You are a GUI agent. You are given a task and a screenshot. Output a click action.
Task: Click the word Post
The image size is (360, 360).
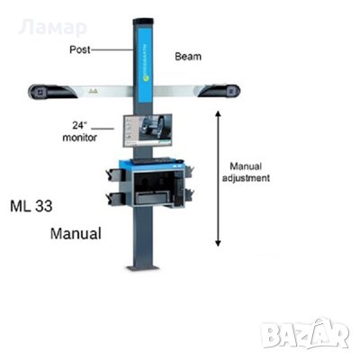tap(80, 49)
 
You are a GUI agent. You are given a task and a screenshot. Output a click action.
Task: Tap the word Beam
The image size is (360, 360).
tap(188, 57)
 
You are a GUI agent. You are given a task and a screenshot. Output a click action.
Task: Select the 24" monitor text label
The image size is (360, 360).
tap(79, 131)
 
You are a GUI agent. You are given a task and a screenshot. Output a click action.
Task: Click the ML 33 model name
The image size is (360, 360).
tap(31, 206)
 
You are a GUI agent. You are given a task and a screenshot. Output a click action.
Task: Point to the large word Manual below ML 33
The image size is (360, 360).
tap(76, 234)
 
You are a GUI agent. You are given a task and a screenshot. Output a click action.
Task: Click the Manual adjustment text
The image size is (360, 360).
tap(246, 172)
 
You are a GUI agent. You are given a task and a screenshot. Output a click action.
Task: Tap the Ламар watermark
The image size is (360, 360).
tap(52, 28)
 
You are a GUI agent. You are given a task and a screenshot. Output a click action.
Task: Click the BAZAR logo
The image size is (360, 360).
tap(304, 333)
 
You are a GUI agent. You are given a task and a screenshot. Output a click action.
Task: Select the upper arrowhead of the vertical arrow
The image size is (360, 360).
tap(219, 113)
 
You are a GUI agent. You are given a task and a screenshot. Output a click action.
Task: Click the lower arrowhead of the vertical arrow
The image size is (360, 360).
tap(219, 243)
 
